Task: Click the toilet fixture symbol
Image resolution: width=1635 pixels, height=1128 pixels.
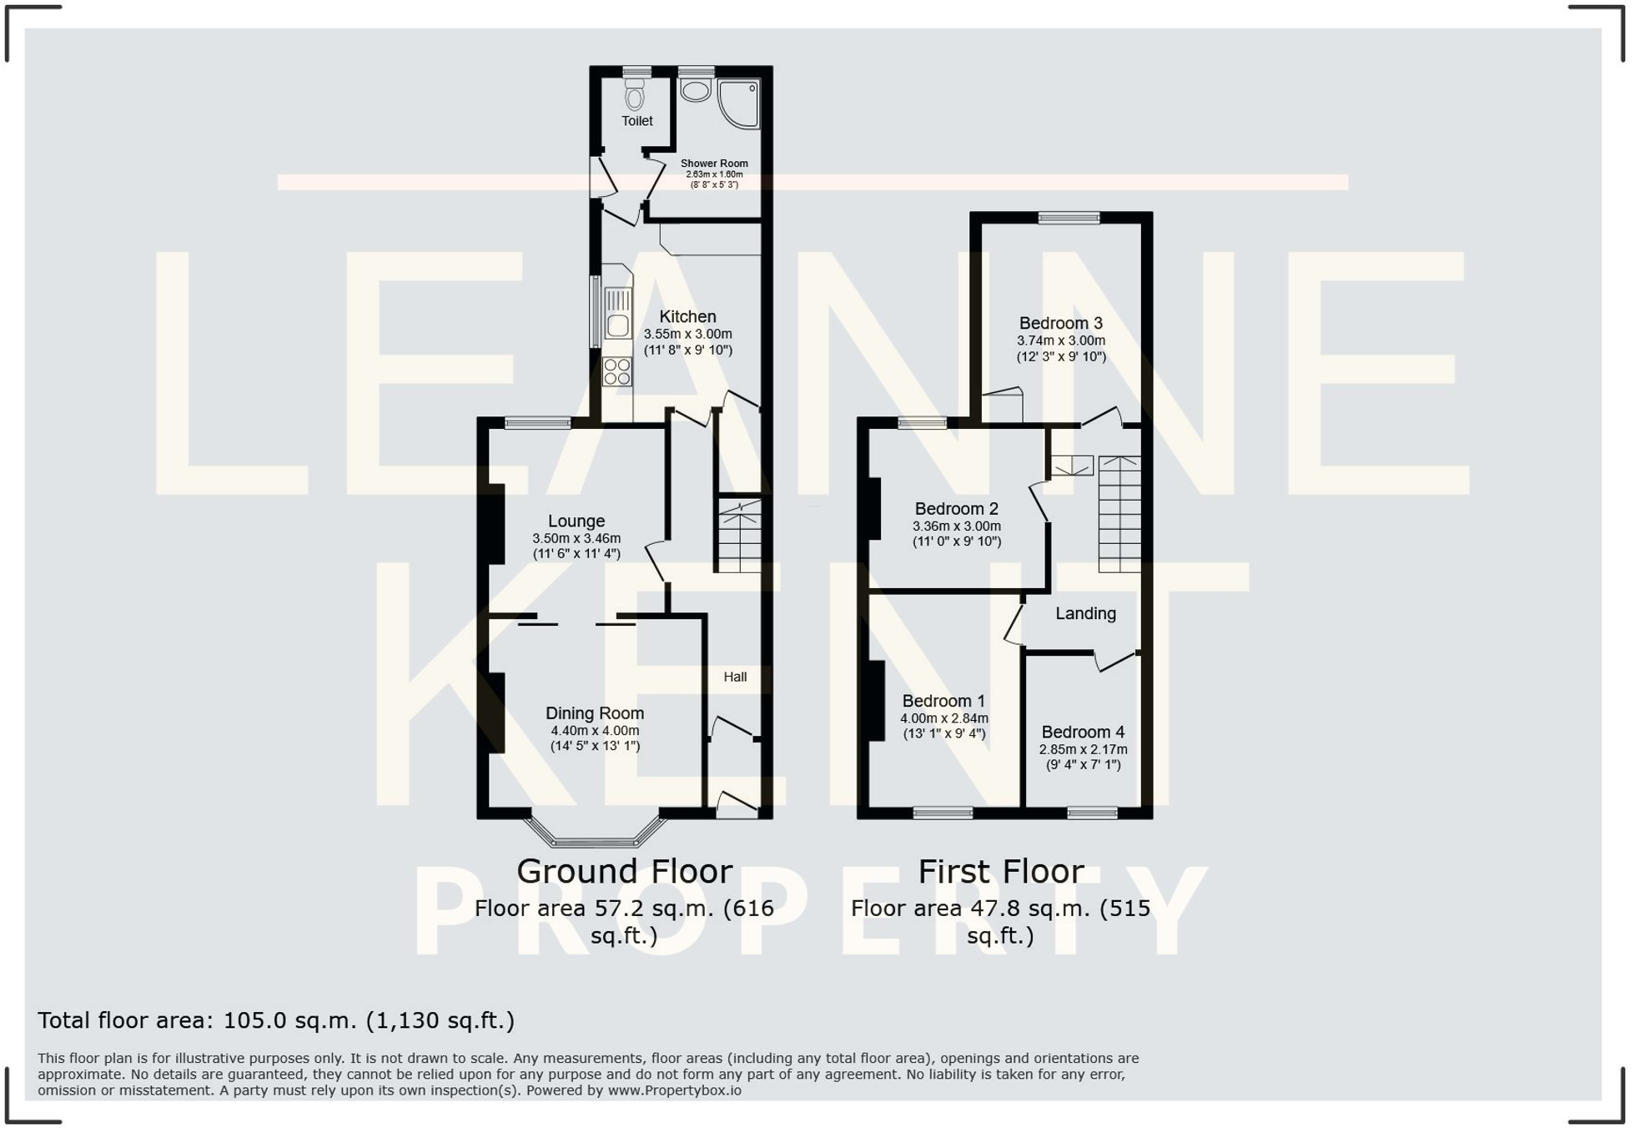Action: (635, 95)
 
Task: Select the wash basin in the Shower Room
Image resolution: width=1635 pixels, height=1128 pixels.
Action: (695, 90)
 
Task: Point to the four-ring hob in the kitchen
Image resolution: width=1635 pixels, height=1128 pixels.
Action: (617, 372)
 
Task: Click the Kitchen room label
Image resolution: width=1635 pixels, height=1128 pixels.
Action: (687, 316)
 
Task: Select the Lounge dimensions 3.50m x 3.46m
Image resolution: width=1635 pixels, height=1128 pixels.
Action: (576, 538)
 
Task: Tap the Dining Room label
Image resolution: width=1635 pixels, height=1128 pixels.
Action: (594, 713)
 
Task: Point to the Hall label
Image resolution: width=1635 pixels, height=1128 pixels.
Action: (735, 677)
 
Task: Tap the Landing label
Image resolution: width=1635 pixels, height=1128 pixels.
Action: (1085, 613)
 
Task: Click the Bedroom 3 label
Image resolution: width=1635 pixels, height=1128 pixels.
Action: (1060, 323)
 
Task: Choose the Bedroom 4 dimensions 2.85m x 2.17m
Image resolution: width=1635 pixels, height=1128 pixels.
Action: (1083, 749)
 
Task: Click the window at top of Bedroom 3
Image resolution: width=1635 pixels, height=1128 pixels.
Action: (1069, 218)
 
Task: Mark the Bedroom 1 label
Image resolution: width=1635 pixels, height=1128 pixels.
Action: (943, 701)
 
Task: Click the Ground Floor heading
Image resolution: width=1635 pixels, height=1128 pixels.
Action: (624, 871)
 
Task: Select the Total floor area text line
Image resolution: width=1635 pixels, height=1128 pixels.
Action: (276, 1020)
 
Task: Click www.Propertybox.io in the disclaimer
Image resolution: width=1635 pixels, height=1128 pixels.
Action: (674, 1090)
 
